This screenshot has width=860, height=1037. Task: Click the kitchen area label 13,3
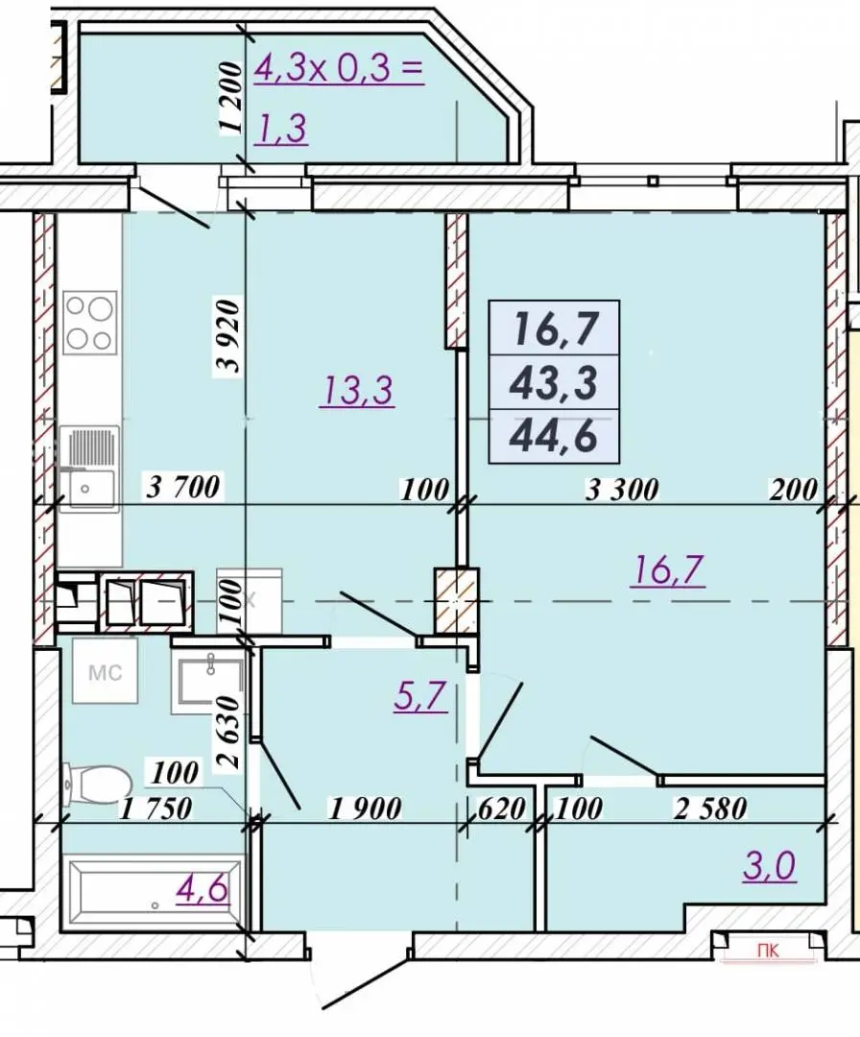point(357,390)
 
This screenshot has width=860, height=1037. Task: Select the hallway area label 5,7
point(421,696)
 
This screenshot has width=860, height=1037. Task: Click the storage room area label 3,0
point(769,866)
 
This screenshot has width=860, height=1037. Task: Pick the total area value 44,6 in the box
point(554,436)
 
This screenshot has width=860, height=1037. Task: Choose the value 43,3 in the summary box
point(554,383)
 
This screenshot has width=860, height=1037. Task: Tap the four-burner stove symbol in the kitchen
point(90,324)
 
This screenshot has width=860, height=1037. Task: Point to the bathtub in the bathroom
point(154,892)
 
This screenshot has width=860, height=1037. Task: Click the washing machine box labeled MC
point(106,672)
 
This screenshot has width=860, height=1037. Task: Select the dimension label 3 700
point(182,488)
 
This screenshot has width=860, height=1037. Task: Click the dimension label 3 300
point(623,490)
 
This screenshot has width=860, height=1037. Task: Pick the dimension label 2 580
point(710,808)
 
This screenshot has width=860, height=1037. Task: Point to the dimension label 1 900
point(366,808)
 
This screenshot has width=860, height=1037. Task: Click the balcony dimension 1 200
point(229,100)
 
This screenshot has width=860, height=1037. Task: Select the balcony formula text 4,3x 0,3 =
point(339,68)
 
